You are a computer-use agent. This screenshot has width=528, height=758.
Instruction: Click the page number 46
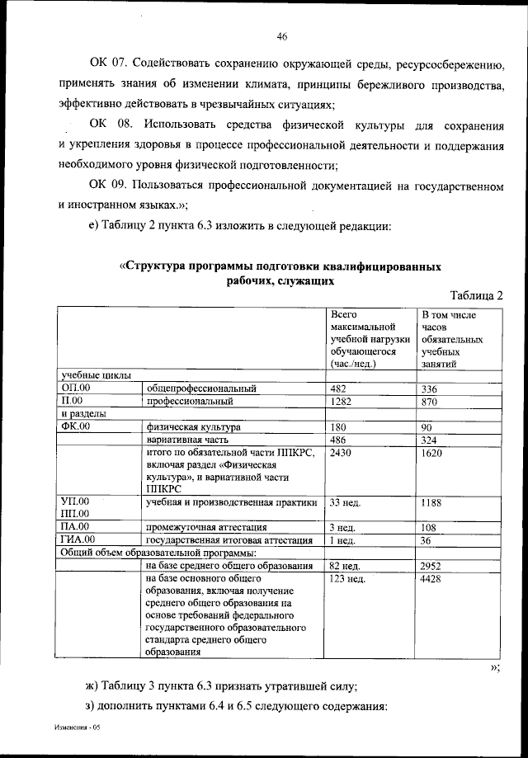pyautogui.click(x=281, y=37)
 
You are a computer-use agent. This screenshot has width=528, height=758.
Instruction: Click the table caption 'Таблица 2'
pyautogui.click(x=476, y=295)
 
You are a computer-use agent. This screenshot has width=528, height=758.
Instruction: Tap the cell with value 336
pyautogui.click(x=430, y=388)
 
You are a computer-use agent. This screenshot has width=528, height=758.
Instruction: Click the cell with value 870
pyautogui.click(x=430, y=402)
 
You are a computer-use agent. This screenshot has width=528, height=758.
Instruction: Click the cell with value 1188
pyautogui.click(x=432, y=501)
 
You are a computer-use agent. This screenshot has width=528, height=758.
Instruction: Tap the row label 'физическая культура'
pyautogui.click(x=193, y=427)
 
